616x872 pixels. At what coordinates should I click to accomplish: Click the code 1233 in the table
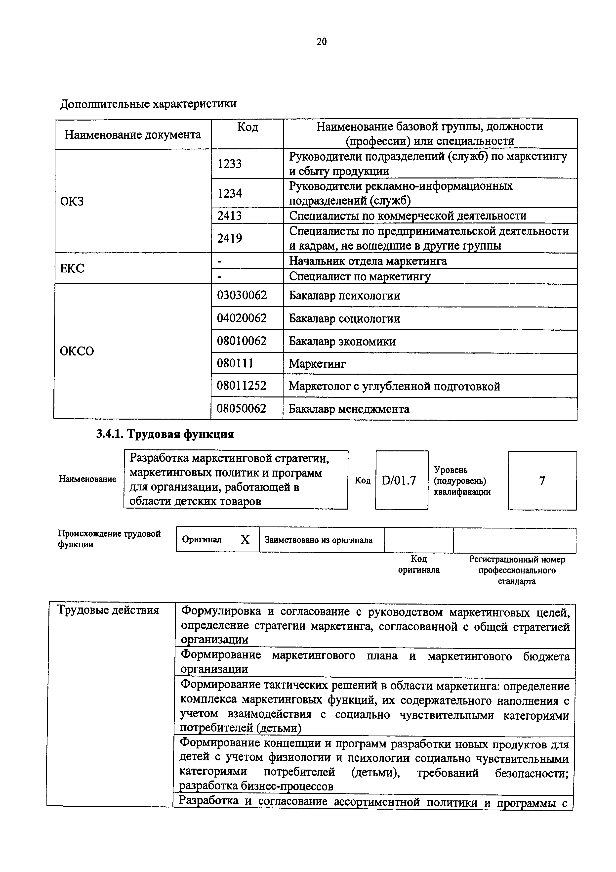coord(229,164)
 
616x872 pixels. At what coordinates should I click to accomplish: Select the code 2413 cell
coord(229,216)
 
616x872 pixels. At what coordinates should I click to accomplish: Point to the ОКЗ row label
coord(72,201)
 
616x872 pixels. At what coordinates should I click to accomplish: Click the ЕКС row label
coord(72,268)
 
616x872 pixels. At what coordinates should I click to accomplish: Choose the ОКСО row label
coord(77,351)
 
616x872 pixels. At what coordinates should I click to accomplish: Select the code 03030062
coord(242,296)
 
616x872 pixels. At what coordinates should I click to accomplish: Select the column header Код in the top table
coord(247,127)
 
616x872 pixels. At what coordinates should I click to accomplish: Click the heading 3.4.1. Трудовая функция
coord(165,434)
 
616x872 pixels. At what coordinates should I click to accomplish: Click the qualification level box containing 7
coord(542,481)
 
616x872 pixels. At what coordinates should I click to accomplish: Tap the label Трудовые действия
coord(108,610)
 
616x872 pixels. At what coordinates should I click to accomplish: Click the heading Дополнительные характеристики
coord(148,104)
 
